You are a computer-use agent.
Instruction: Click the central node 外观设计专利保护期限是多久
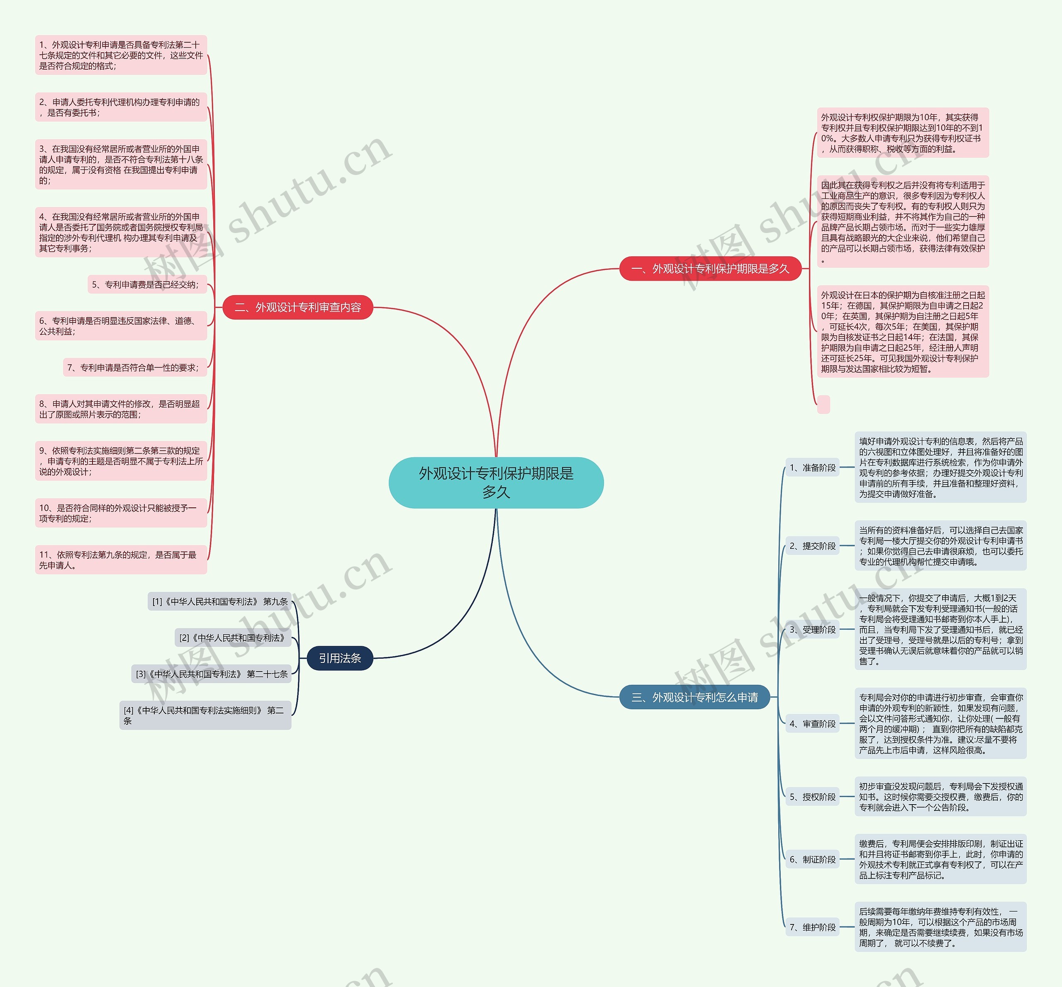tap(496, 483)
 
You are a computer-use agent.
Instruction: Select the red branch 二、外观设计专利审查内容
tap(297, 308)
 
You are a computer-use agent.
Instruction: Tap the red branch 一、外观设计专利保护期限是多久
tap(711, 269)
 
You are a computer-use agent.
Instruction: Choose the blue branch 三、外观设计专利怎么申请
tap(694, 697)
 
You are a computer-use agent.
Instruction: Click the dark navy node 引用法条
tap(340, 658)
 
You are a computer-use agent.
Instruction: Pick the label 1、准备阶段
tap(813, 468)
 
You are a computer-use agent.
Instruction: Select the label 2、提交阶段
tap(813, 546)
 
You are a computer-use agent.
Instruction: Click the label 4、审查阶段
tap(813, 723)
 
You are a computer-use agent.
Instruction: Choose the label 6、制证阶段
tap(813, 859)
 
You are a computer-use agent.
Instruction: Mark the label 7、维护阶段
tap(813, 927)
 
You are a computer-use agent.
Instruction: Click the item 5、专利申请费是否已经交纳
tap(147, 284)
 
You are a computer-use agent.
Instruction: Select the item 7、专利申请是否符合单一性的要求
tap(135, 367)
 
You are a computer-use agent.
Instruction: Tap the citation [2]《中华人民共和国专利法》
tap(233, 638)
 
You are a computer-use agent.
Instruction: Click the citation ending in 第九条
tap(219, 601)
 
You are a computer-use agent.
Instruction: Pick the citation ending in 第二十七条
tap(212, 674)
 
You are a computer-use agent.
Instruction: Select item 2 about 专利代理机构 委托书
tap(121, 107)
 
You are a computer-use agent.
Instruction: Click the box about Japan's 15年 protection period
tap(903, 332)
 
